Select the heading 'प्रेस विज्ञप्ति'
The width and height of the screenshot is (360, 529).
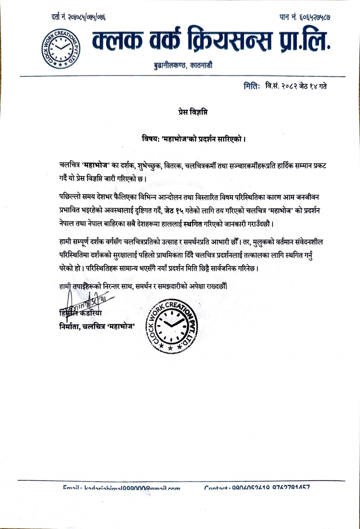pyautogui.click(x=191, y=113)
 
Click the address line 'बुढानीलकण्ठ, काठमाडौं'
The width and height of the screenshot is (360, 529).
pyautogui.click(x=183, y=65)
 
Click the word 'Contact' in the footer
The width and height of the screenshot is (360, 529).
pyautogui.click(x=216, y=487)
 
